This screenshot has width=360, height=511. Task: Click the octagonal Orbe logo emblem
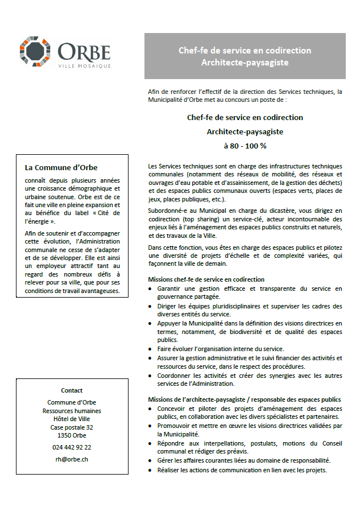coord(38,52)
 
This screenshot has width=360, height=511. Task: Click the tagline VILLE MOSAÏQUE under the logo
coord(85,66)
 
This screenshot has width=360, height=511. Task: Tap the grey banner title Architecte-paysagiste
coord(245,62)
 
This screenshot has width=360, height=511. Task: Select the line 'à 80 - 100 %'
coord(245,145)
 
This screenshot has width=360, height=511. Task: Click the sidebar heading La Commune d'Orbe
coord(61,167)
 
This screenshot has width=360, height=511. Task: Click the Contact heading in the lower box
coord(72,390)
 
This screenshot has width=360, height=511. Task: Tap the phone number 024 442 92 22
coord(72,447)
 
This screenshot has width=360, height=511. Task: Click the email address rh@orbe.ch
coord(72,459)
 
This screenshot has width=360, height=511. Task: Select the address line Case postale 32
coord(72,427)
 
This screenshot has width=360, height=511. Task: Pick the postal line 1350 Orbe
coord(72,435)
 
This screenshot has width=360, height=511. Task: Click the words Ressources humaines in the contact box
coord(72,411)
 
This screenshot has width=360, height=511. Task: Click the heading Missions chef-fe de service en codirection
coord(206,279)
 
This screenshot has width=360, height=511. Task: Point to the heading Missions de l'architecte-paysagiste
coord(245,399)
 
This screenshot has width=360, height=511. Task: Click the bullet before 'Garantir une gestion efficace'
coord(150,289)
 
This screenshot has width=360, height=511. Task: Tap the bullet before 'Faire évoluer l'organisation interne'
coord(150,349)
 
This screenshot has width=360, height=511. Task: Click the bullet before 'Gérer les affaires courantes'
coord(150,460)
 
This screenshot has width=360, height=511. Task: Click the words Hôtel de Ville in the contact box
coord(72,419)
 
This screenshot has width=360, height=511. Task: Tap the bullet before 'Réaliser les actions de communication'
coord(150,470)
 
